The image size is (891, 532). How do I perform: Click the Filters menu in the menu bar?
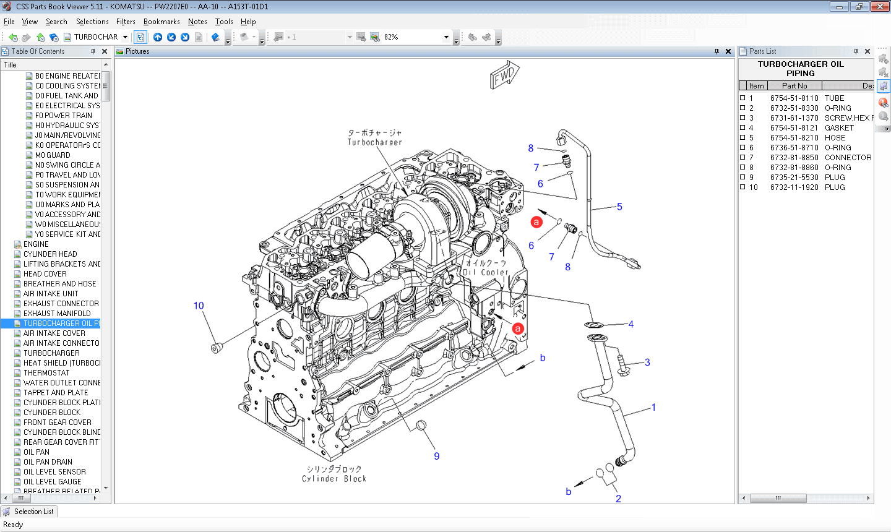coord(126,22)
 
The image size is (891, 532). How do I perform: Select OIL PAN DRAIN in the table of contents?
coord(48,462)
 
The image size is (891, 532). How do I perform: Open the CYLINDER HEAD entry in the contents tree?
coord(50,254)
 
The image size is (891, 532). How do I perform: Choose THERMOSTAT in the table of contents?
coord(46,373)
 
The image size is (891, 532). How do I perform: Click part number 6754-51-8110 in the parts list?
coord(794,98)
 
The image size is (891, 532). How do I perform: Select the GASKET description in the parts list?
coord(839,128)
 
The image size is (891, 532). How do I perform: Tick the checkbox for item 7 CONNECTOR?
coord(742,158)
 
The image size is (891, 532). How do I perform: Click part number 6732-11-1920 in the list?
coord(794,187)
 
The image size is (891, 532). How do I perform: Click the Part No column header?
coord(794,86)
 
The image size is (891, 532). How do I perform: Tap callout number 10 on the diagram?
coord(199,306)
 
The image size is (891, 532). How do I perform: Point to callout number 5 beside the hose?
coord(619,207)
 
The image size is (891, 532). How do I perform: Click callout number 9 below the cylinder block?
coord(437,456)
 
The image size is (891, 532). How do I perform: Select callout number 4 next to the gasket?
coord(631,324)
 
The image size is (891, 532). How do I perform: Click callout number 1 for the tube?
coord(653,407)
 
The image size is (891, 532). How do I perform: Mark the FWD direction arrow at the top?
coord(504,75)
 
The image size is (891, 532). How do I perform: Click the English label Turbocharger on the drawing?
coord(374,142)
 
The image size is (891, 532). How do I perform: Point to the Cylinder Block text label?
coord(334,479)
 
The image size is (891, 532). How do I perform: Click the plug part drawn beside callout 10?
coord(216,348)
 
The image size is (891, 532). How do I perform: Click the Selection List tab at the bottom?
coord(33,512)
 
